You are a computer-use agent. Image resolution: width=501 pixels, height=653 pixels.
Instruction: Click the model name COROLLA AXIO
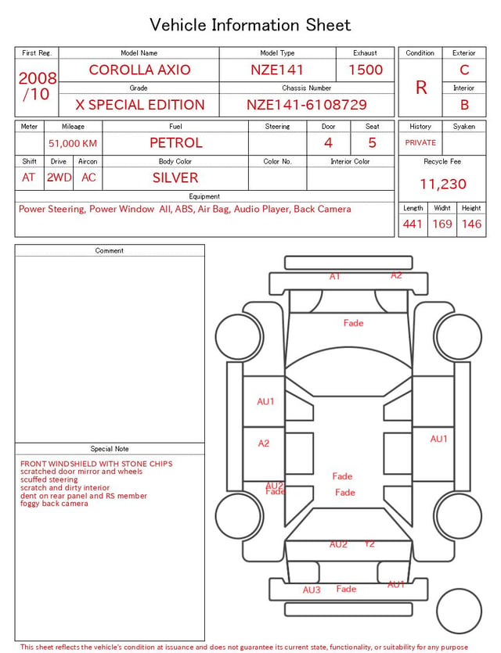(139, 70)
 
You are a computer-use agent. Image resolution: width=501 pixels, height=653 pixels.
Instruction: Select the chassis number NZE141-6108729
(306, 105)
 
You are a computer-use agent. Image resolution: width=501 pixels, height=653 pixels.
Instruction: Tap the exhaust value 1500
(366, 70)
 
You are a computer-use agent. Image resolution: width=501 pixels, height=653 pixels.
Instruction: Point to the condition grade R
(421, 88)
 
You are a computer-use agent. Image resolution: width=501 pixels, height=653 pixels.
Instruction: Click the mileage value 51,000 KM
(73, 143)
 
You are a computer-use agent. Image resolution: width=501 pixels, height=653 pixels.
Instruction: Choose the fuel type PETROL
(176, 143)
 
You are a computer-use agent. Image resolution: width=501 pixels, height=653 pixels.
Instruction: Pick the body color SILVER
(175, 178)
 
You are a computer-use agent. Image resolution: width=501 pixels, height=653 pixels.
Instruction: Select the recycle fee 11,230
(442, 184)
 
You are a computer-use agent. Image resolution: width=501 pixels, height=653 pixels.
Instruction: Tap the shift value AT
(28, 178)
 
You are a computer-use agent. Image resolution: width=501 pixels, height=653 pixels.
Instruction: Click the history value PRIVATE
(420, 142)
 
